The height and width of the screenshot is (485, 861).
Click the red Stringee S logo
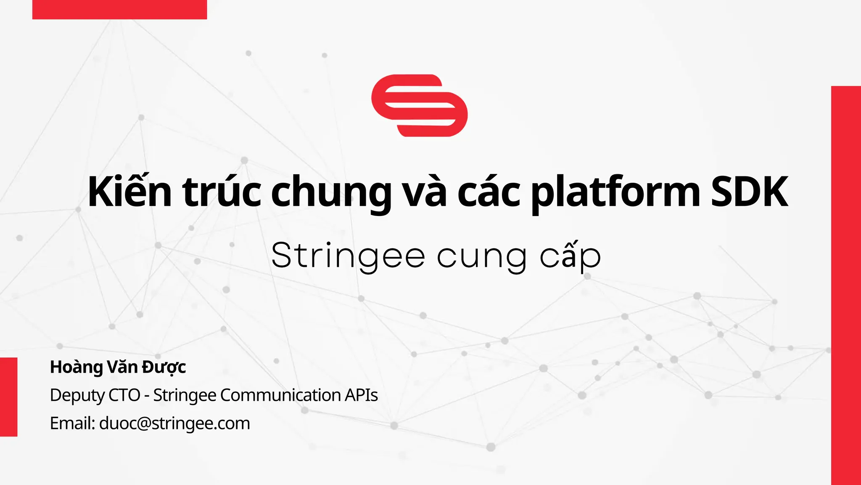coord(419,105)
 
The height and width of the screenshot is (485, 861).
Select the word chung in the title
coord(331,193)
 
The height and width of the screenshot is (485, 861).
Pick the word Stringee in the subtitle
coord(348,256)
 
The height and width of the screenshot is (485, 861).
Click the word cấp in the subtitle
coord(570,256)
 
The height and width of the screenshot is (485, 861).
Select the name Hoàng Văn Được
coord(118,367)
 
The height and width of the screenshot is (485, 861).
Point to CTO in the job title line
coord(124,395)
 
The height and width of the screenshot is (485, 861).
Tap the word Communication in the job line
coord(280,395)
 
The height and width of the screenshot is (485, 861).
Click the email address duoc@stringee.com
coord(174,423)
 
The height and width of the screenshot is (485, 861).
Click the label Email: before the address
coord(72,423)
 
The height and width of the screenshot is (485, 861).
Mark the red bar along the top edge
coord(119,9)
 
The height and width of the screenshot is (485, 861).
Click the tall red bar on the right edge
coord(846,285)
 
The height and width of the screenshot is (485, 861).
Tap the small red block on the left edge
coord(8,397)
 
